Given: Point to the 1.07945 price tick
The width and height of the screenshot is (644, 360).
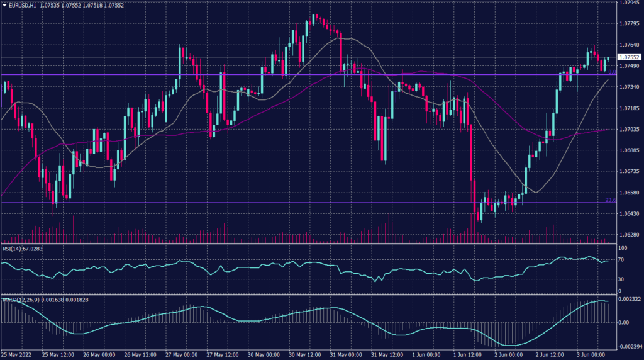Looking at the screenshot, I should pyautogui.click(x=630, y=3).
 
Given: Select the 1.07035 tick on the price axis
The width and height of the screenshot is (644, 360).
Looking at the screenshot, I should pyautogui.click(x=630, y=129).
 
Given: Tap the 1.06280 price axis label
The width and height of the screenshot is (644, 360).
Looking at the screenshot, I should pyautogui.click(x=630, y=235).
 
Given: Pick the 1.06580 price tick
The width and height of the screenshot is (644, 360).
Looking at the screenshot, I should pyautogui.click(x=630, y=193).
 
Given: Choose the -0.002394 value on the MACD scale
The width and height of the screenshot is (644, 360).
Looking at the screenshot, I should pyautogui.click(x=630, y=346).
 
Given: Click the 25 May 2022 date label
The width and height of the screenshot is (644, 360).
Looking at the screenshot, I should pyautogui.click(x=18, y=355).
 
